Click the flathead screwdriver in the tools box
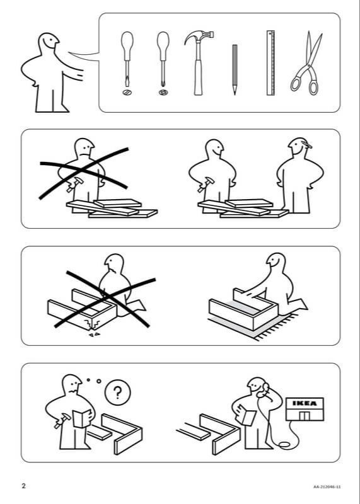(127, 59)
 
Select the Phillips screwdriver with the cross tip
(163, 59)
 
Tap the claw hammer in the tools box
(199, 62)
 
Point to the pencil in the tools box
(235, 70)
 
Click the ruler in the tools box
(270, 63)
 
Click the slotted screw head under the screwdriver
(127, 93)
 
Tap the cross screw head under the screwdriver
(163, 93)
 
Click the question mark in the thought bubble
(117, 392)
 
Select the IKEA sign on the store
(305, 403)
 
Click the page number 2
(23, 486)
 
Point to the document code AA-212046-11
(327, 487)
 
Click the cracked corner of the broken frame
(91, 324)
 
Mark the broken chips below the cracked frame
(95, 335)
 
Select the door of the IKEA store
(304, 416)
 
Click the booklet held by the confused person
(82, 418)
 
